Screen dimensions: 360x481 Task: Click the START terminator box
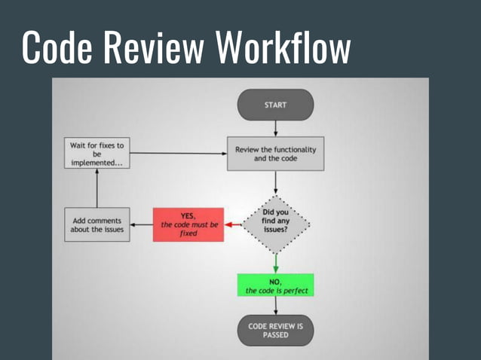tap(275, 105)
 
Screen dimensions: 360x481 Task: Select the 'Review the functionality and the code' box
tap(275, 154)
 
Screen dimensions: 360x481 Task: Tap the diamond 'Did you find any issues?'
tap(276, 224)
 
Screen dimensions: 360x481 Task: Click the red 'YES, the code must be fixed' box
tap(188, 224)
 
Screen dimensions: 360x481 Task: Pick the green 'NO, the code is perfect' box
tap(275, 285)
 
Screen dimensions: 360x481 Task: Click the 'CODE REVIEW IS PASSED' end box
tap(275, 330)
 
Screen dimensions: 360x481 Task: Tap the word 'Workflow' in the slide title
tap(283, 48)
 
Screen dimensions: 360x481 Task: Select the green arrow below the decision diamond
tap(275, 263)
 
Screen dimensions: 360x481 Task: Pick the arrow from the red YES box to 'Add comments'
tap(140, 224)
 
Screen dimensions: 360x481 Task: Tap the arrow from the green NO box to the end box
tap(275, 306)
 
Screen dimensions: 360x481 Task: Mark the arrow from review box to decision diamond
tap(275, 182)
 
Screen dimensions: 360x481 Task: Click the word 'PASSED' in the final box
tap(275, 335)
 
